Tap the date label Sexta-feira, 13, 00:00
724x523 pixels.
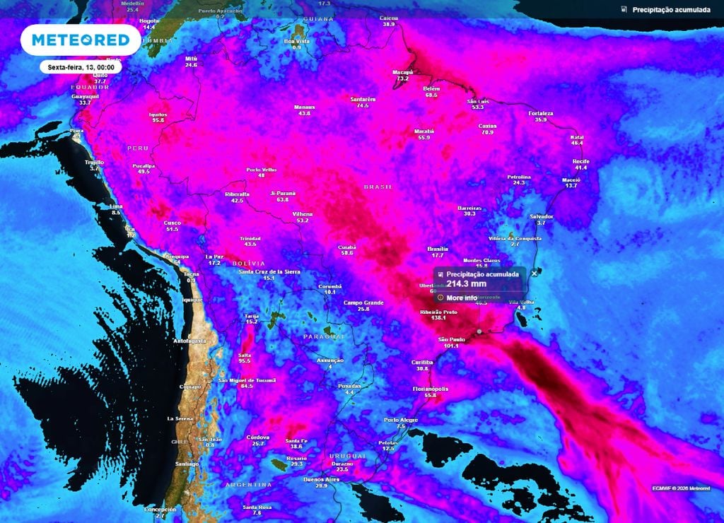(x=81, y=66)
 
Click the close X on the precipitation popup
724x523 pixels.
(x=535, y=272)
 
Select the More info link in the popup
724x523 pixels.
(x=462, y=298)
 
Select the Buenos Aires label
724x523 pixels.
(x=321, y=480)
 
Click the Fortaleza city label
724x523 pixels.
(x=541, y=113)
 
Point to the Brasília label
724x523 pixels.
(x=438, y=249)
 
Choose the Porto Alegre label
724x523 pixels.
(x=401, y=420)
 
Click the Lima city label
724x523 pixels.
(x=116, y=206)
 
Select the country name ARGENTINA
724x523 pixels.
(x=249, y=485)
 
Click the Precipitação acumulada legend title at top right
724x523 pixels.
(x=671, y=10)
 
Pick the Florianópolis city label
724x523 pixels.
(x=431, y=389)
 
